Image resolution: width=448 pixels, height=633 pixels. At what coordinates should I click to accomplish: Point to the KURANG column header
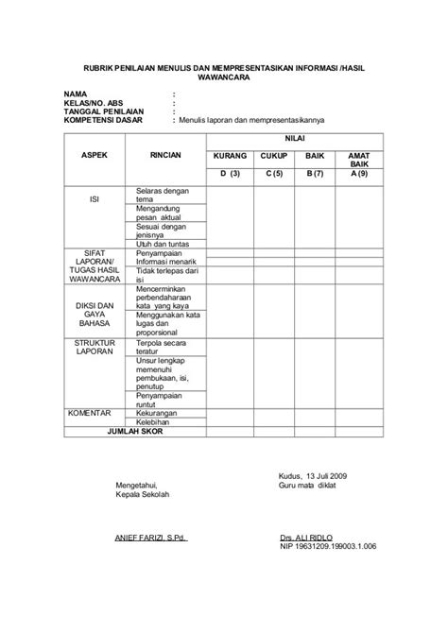tap(231, 154)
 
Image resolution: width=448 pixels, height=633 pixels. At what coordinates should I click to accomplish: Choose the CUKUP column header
tap(274, 154)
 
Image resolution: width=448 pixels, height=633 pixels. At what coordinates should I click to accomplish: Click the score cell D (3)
tap(231, 174)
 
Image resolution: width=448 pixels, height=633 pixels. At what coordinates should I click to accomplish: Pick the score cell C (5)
tap(274, 174)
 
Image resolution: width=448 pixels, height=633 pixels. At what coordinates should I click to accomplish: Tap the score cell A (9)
tap(359, 174)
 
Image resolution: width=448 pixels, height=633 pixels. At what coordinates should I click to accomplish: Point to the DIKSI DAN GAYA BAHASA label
tap(94, 314)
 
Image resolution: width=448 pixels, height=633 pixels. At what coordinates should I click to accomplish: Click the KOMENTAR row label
tap(91, 413)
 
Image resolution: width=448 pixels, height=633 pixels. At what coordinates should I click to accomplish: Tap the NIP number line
tap(328, 546)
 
